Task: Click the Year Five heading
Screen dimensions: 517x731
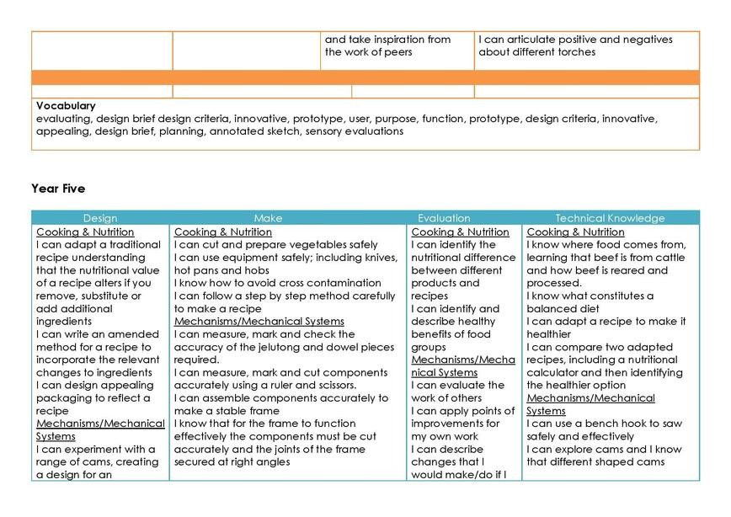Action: click(58, 189)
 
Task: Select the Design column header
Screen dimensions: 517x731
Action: click(100, 218)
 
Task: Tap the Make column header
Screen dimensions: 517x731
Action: click(268, 218)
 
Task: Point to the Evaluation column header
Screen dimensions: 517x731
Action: click(444, 218)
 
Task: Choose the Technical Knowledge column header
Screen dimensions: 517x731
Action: click(610, 218)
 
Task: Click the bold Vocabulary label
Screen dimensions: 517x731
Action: click(66, 106)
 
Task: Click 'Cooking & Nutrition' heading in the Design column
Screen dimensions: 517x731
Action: click(85, 232)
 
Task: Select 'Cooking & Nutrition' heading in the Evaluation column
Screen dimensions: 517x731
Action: click(460, 232)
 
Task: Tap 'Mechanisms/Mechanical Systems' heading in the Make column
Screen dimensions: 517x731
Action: click(259, 321)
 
